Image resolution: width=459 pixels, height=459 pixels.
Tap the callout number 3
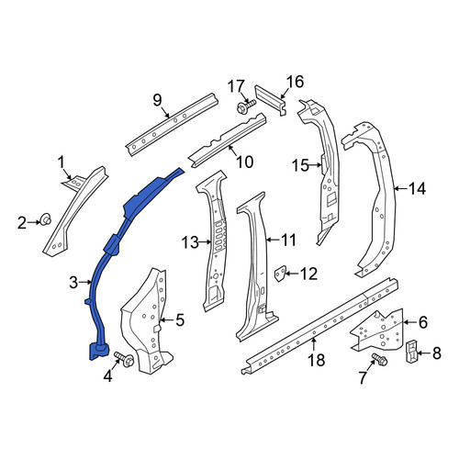73,283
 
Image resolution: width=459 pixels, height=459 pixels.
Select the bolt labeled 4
124,359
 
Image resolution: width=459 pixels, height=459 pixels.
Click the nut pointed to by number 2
46,219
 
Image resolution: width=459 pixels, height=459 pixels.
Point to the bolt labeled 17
246,106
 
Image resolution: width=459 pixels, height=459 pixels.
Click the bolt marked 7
379,359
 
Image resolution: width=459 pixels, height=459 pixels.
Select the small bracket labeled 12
280,274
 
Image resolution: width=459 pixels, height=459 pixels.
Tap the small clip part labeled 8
411,351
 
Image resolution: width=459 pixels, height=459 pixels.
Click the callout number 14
418,188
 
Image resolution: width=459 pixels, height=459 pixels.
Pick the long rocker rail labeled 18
319,326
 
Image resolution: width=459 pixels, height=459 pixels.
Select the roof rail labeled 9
173,125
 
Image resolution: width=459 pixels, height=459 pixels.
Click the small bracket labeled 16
271,99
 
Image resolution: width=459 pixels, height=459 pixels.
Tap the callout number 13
191,242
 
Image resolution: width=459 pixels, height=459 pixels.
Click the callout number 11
288,241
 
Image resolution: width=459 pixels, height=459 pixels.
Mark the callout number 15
300,165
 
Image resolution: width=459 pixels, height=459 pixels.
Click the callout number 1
62,162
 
